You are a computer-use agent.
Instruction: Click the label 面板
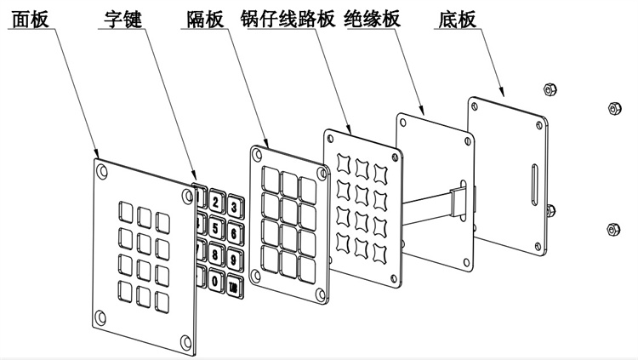tap(31, 19)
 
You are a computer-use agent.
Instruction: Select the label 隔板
tap(202, 19)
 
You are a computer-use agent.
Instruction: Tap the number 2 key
tap(217, 203)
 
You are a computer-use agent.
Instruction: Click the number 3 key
tap(234, 206)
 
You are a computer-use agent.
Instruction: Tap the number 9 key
tap(234, 257)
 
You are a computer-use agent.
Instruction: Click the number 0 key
tap(217, 278)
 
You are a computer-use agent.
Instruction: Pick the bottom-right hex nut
tap(612, 228)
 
